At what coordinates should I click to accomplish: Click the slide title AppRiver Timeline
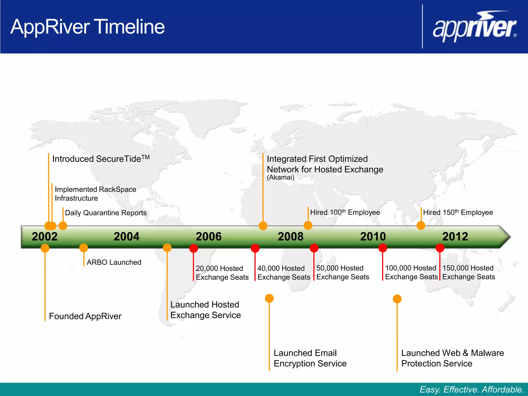coord(88,27)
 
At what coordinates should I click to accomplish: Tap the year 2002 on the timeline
coord(45,237)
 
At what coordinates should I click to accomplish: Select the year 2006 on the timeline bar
coord(209,237)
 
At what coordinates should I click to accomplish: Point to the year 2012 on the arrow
coord(455,237)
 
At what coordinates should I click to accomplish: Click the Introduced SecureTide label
coord(101,159)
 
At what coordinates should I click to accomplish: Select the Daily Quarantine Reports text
coord(106,213)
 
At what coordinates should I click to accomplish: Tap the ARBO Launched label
coord(114,262)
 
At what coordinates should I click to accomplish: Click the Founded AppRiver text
coord(85,316)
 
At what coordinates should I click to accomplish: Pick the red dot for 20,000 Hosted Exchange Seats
coord(194,248)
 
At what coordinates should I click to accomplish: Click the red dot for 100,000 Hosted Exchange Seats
coord(383,248)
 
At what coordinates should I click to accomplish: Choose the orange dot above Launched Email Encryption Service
coord(269,298)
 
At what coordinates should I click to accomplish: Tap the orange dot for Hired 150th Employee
coord(421,226)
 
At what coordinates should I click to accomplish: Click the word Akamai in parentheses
coord(280,177)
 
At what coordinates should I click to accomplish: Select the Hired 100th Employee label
coord(345,212)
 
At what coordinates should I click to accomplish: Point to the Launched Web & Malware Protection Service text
coord(452,358)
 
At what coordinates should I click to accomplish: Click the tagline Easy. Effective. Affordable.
coord(472,389)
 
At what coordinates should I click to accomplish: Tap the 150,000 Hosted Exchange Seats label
coord(468,272)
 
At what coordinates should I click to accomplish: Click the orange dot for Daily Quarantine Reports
coord(63,226)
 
